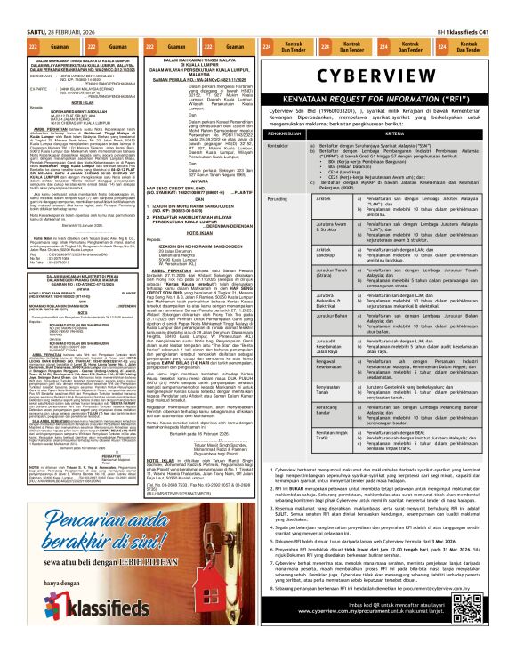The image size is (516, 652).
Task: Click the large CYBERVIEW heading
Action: (385, 72)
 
